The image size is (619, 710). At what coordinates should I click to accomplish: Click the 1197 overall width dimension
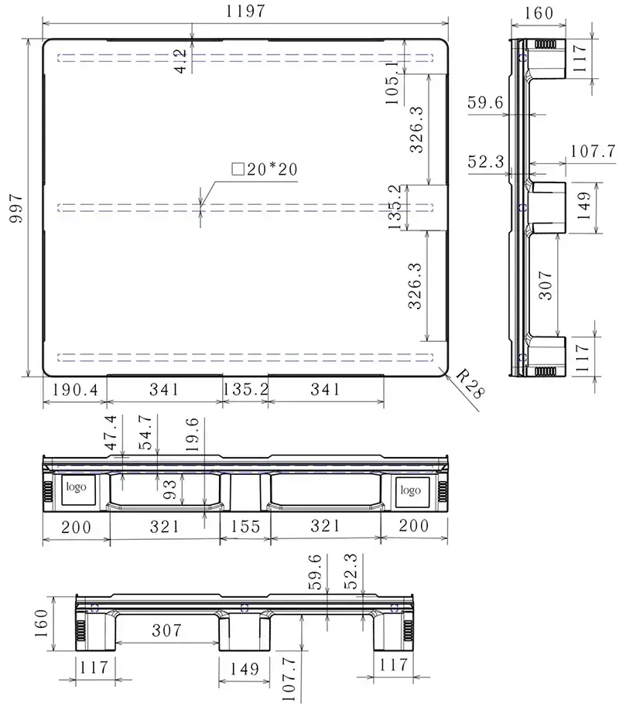[x=245, y=11]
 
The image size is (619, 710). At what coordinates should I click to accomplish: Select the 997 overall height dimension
[x=16, y=208]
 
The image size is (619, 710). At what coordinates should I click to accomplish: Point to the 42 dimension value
[x=181, y=61]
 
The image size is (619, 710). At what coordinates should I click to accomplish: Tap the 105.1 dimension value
[x=392, y=83]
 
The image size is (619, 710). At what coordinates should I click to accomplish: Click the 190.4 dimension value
[x=75, y=389]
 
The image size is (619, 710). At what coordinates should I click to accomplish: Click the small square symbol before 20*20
[x=238, y=169]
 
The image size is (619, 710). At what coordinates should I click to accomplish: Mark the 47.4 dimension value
[x=111, y=432]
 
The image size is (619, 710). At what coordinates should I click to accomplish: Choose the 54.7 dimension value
[x=145, y=432]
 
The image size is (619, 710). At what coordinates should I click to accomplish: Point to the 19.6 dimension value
[x=192, y=435]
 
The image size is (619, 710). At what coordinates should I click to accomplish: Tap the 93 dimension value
[x=170, y=489]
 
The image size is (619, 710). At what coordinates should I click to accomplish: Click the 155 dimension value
[x=245, y=527]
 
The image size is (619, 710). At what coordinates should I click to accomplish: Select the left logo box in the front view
[x=79, y=490]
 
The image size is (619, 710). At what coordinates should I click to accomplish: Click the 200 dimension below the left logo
[x=76, y=527]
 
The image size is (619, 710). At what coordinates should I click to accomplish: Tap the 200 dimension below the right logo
[x=414, y=526]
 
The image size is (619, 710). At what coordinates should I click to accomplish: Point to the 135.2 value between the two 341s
[x=245, y=389]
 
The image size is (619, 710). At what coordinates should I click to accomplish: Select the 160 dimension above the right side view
[x=539, y=12]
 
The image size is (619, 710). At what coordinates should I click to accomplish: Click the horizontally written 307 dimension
[x=167, y=630]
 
